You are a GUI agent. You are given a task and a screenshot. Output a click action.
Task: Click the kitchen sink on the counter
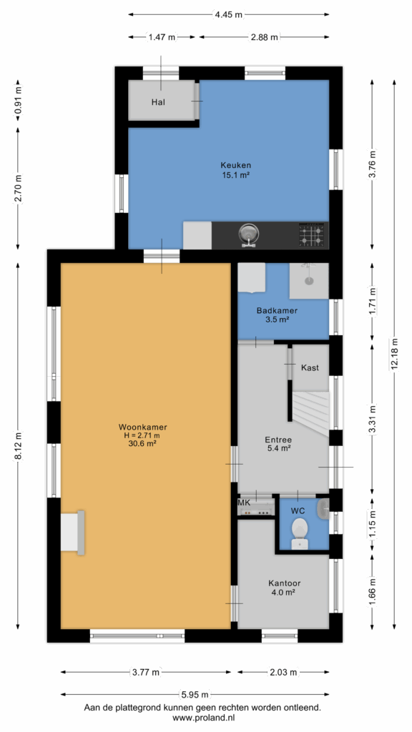(249, 234)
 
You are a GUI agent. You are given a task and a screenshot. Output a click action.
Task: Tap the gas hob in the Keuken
(312, 234)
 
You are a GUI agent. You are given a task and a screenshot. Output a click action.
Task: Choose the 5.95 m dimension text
(195, 693)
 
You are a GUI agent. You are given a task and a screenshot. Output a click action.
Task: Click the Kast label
(310, 367)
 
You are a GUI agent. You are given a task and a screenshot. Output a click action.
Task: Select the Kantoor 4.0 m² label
(284, 588)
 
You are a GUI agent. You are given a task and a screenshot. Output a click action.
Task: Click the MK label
(244, 503)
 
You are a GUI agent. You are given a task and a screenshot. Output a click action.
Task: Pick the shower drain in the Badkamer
(309, 280)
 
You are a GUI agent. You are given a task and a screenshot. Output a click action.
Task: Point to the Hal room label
(158, 102)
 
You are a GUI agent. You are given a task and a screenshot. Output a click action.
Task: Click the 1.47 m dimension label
(162, 38)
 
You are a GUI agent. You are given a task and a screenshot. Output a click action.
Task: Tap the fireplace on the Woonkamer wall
(73, 533)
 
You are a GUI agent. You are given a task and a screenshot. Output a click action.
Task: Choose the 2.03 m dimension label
(283, 672)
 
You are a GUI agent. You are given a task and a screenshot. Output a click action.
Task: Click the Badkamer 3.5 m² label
(277, 315)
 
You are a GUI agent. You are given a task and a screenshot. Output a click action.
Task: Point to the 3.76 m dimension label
(372, 165)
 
